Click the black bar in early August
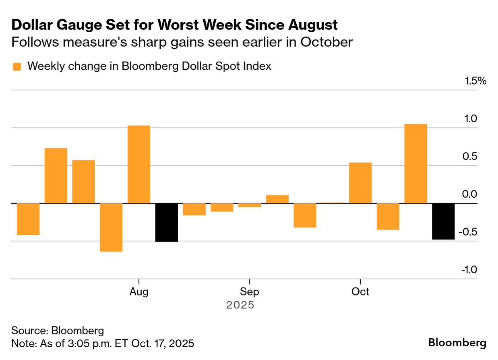click(166, 222)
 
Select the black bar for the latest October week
click(443, 221)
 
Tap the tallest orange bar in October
click(415, 163)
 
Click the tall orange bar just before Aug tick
click(139, 164)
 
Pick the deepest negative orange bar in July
click(111, 227)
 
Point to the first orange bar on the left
click(28, 219)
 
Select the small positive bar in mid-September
click(277, 199)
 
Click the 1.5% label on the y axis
click(475, 81)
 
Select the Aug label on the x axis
click(139, 292)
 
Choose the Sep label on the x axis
click(250, 292)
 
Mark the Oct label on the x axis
click(360, 292)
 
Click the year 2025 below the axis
click(240, 305)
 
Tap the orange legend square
click(17, 67)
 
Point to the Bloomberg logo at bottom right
click(457, 343)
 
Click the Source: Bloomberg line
click(58, 331)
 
